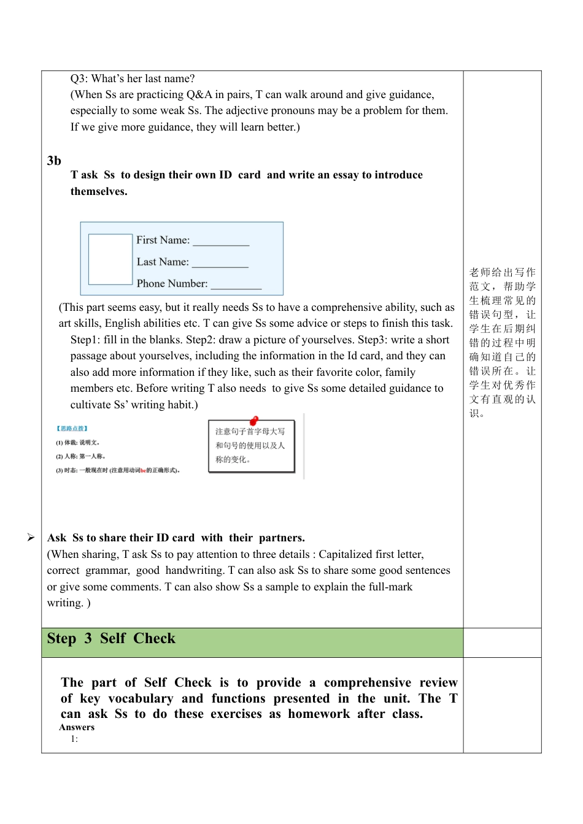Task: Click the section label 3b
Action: point(54,161)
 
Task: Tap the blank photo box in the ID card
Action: point(110,259)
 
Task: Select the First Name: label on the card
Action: point(163,240)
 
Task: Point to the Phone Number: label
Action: point(172,283)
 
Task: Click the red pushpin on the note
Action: point(254,421)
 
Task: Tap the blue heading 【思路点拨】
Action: point(72,429)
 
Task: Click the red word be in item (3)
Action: point(143,470)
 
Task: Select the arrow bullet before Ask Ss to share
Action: point(31,538)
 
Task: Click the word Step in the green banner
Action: point(61,639)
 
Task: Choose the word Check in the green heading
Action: point(155,639)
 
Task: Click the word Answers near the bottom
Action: point(77,727)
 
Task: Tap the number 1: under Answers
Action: point(74,739)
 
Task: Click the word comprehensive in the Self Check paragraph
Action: point(368,682)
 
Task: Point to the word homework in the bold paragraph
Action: point(319,714)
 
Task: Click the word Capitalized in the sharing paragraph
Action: point(345,554)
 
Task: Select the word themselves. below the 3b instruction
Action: point(99,191)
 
